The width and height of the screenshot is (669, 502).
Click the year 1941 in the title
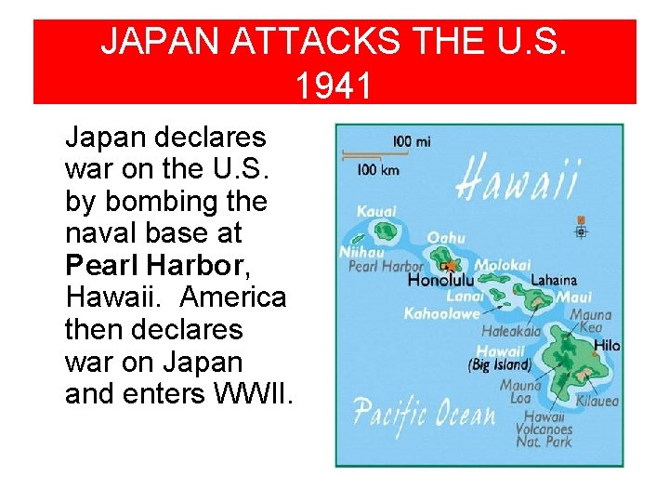pyautogui.click(x=334, y=86)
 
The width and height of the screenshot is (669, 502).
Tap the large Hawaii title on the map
pyautogui.click(x=519, y=179)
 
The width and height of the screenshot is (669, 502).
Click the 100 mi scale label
pyautogui.click(x=412, y=142)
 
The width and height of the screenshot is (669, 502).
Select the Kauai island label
pyautogui.click(x=376, y=212)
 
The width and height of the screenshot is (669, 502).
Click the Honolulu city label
pyautogui.click(x=441, y=280)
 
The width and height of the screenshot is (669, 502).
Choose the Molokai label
pyautogui.click(x=502, y=265)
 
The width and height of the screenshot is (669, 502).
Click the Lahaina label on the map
pyautogui.click(x=554, y=280)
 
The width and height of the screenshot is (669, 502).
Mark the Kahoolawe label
pyautogui.click(x=441, y=314)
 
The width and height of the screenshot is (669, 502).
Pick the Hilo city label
pyautogui.click(x=606, y=346)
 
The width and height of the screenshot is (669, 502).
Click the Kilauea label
pyautogui.click(x=597, y=402)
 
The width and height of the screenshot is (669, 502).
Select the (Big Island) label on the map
pyautogui.click(x=500, y=365)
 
